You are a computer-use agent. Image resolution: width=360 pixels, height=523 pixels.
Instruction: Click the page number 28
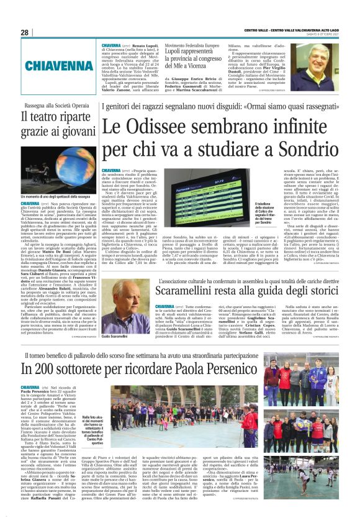click(25, 33)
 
